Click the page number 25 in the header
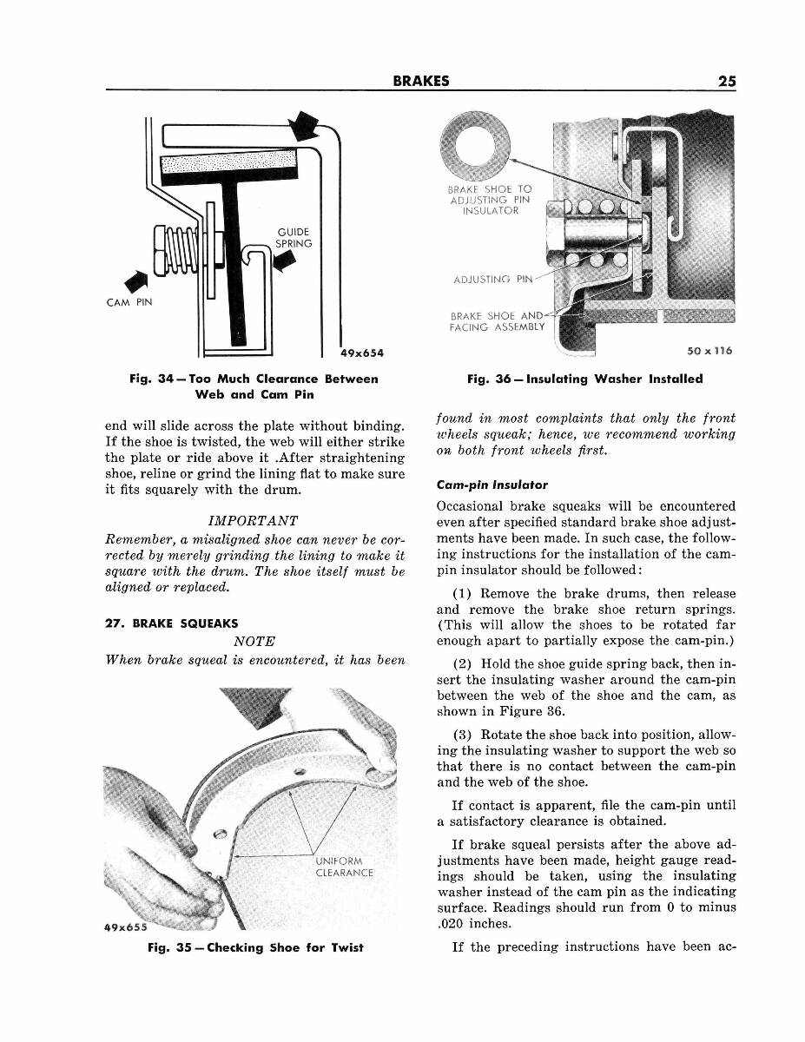[727, 81]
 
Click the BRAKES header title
[420, 81]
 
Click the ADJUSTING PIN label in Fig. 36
[492, 279]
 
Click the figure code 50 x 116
[709, 351]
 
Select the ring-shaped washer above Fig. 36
[475, 138]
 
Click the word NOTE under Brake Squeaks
[254, 641]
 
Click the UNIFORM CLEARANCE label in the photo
[344, 867]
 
